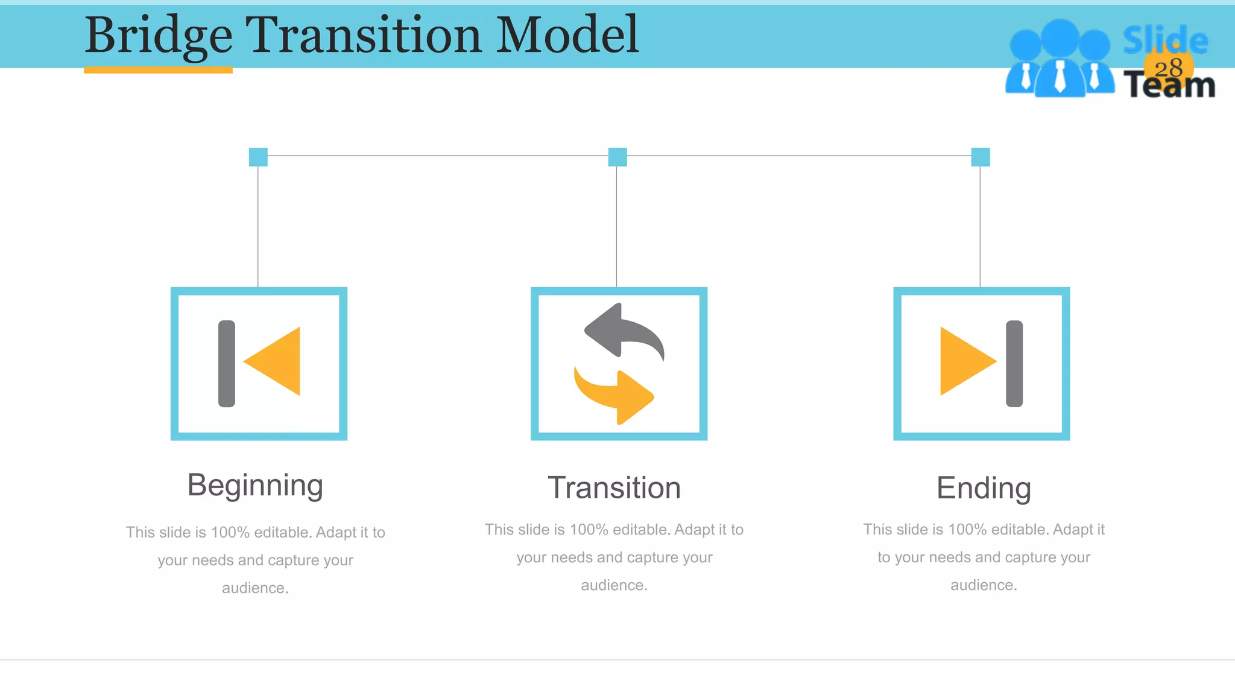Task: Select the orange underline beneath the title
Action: (x=158, y=70)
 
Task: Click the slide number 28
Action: (x=1169, y=68)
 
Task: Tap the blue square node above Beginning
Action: (x=258, y=157)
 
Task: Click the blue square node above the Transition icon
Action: (x=617, y=157)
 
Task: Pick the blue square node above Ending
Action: (x=981, y=157)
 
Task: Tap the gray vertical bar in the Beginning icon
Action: (x=227, y=363)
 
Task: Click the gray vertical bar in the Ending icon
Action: (x=1014, y=363)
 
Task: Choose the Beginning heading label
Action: (x=255, y=485)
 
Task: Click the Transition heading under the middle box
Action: (x=614, y=487)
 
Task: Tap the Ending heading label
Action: (x=984, y=487)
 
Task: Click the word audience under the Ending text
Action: (x=984, y=585)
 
